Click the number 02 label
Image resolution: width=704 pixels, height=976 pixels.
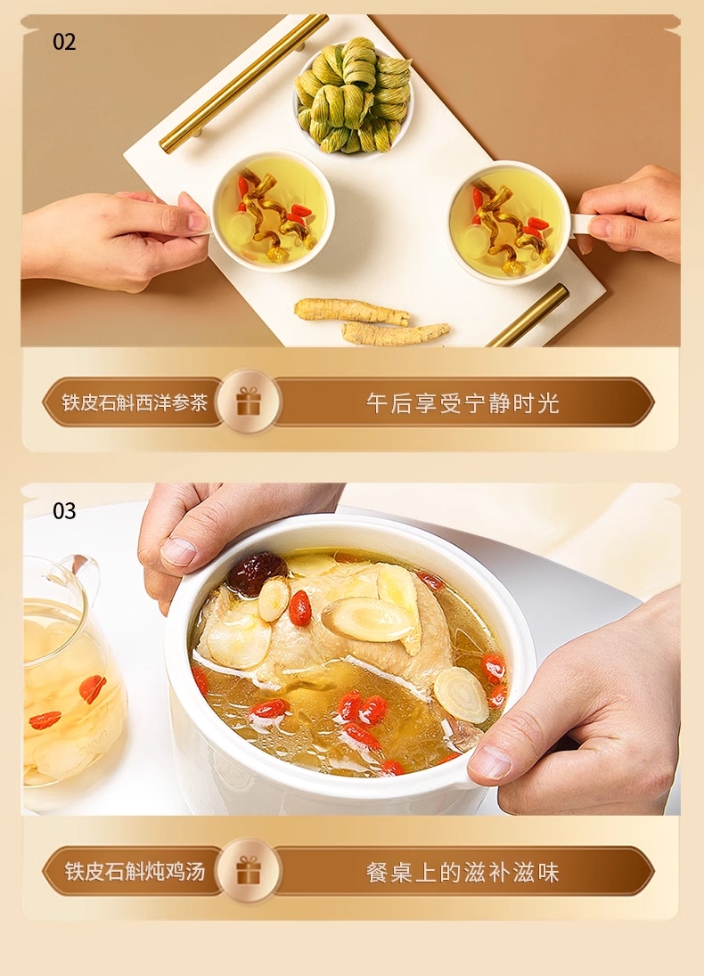coord(64,43)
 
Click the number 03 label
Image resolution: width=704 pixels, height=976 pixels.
coord(64,511)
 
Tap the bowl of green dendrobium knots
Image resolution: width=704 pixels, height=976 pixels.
coord(353,95)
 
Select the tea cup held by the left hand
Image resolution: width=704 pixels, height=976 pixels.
coord(273,210)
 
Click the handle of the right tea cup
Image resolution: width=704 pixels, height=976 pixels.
coord(583,224)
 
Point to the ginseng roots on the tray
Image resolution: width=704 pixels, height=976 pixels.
coord(372,321)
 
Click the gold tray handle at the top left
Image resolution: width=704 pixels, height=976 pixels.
coord(243,82)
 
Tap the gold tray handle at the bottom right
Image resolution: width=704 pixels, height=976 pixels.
coord(529,315)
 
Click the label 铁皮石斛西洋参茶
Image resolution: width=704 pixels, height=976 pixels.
coord(135,403)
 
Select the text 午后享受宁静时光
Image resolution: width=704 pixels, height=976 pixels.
coord(463,403)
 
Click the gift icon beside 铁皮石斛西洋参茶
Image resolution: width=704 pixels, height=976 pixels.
coord(249,403)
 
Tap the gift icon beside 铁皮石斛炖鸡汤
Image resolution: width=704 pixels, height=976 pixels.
coord(249,870)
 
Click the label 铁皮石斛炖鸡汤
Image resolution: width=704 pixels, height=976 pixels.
coord(135,871)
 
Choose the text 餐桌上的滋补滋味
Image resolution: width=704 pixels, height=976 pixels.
coord(463,872)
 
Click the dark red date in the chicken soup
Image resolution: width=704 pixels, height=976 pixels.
coord(256,573)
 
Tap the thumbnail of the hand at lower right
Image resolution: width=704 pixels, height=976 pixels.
coord(491,762)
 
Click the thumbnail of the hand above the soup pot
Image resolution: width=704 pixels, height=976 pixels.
coord(179,551)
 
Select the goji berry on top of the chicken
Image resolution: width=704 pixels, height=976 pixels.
coord(299,607)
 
